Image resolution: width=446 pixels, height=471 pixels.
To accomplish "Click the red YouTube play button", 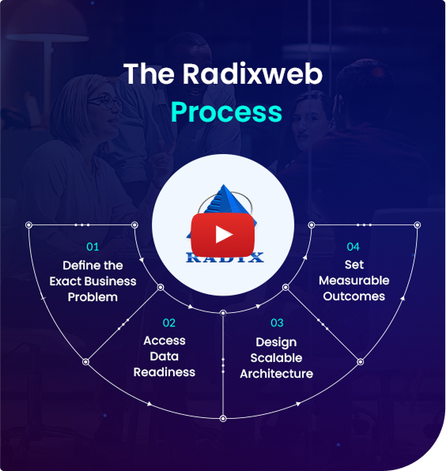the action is (223, 235).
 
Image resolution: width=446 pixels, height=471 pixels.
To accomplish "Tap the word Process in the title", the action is (226, 111).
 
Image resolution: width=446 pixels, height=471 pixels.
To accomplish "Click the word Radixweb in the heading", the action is (252, 74).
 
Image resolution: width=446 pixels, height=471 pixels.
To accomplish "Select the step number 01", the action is (93, 247).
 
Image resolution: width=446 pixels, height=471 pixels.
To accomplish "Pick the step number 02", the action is (169, 323).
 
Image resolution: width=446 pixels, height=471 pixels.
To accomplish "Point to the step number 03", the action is (277, 323).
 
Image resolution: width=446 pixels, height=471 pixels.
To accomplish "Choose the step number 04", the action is (353, 247).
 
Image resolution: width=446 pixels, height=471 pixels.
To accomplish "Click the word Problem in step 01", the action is (93, 297).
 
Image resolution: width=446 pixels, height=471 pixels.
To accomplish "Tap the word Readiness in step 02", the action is (164, 372).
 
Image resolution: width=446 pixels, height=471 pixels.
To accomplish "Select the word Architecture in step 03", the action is (277, 374).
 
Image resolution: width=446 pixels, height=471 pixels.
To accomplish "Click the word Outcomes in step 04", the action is (354, 296).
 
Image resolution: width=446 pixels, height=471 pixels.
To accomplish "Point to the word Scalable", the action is (276, 358).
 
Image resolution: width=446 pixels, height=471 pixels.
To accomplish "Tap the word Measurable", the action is (354, 281).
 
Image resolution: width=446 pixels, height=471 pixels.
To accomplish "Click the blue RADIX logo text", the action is (225, 258).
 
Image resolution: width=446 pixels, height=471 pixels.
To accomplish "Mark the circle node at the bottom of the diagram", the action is (223, 418).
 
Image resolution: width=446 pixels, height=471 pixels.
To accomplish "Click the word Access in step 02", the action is (164, 341).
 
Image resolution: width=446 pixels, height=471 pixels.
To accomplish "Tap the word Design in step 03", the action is (276, 342).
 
